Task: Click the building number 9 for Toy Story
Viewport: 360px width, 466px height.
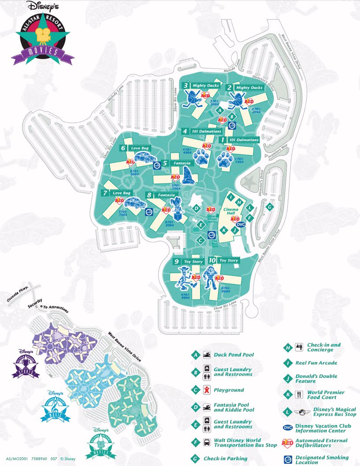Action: (x=176, y=261)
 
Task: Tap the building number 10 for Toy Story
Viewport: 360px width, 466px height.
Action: (x=212, y=261)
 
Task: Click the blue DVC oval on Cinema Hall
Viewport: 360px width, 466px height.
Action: (x=240, y=224)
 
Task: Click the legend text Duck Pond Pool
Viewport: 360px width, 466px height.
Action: (x=234, y=354)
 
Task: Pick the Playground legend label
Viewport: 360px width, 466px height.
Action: (x=229, y=390)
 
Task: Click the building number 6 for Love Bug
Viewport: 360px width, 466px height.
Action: (x=124, y=148)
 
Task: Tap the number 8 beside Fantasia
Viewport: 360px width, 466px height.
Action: (x=150, y=195)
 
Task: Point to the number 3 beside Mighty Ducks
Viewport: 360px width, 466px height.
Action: (x=186, y=86)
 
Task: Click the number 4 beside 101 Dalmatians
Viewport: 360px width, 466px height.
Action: (x=186, y=131)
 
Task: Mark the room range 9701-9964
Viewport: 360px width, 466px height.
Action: (x=186, y=296)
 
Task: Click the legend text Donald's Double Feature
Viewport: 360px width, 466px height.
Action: (x=323, y=378)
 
